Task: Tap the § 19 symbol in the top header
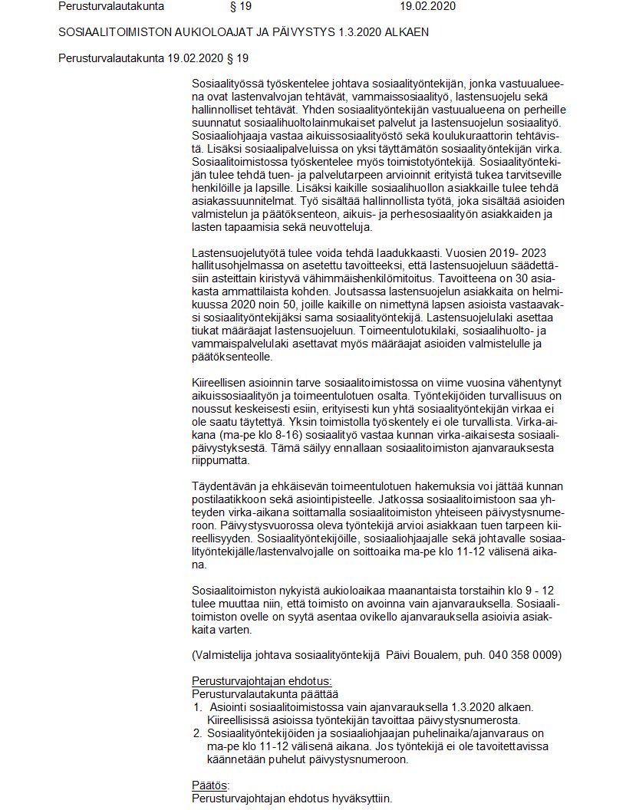[x=240, y=7]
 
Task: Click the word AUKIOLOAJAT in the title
[x=229, y=32]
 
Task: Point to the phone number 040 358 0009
[x=527, y=655]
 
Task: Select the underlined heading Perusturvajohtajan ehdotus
[x=261, y=681]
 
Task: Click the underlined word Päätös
[x=209, y=785]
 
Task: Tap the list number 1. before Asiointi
[x=196, y=706]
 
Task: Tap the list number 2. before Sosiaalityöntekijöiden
[x=196, y=733]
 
